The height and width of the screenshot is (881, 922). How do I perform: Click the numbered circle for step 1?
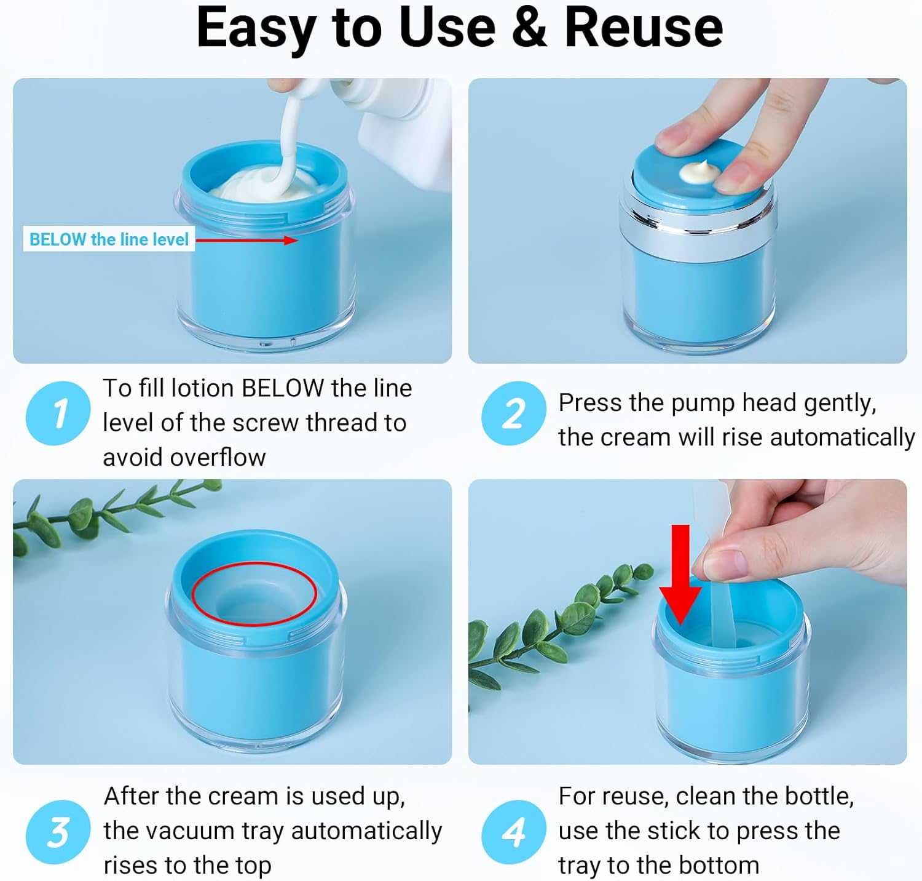[58, 413]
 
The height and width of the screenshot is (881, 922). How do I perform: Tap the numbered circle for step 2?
[513, 413]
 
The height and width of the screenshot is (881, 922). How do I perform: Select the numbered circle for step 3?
[58, 832]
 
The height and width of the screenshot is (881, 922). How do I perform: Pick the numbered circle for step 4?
[513, 832]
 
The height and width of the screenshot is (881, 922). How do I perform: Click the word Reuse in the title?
[644, 28]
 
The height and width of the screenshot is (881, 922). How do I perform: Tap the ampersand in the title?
[529, 28]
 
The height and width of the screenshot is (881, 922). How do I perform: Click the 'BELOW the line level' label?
[109, 239]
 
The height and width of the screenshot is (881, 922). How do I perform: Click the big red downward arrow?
[680, 574]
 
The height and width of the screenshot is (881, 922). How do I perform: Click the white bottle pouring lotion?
[393, 123]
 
